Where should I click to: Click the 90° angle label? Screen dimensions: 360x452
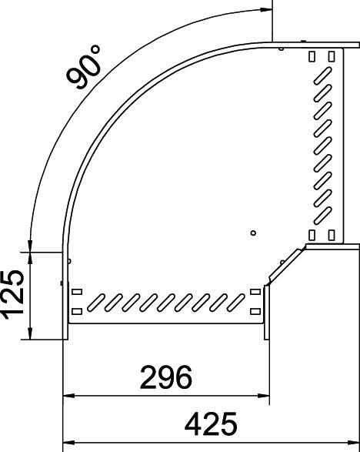pos(84,67)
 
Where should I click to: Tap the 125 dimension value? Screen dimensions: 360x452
pos(13,296)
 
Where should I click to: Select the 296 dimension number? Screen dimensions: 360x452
pos(166,377)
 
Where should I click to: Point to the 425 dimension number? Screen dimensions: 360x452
pos(211,424)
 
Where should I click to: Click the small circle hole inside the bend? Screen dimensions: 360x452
pos(253,233)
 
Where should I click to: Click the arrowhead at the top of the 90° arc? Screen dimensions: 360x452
pos(265,9)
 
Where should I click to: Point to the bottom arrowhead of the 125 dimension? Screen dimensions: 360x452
pos(30,333)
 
